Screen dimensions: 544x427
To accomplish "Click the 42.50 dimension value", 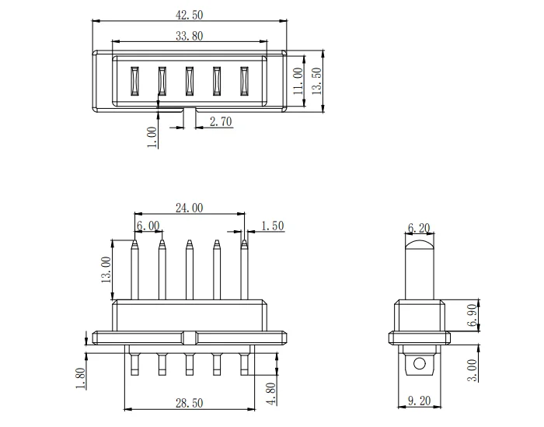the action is (189, 15).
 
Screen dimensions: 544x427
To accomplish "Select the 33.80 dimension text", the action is (189, 36).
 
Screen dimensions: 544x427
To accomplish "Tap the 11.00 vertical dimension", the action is (298, 81).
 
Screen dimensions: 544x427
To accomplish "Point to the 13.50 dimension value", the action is (317, 81).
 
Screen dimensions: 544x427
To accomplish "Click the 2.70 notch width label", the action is (221, 121).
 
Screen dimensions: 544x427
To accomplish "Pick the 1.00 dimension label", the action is (152, 137).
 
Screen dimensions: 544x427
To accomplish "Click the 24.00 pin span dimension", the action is (189, 208).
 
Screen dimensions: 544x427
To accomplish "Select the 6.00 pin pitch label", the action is (148, 226).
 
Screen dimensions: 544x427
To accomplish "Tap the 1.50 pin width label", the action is (273, 226).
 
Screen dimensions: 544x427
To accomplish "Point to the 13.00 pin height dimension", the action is (106, 270).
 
